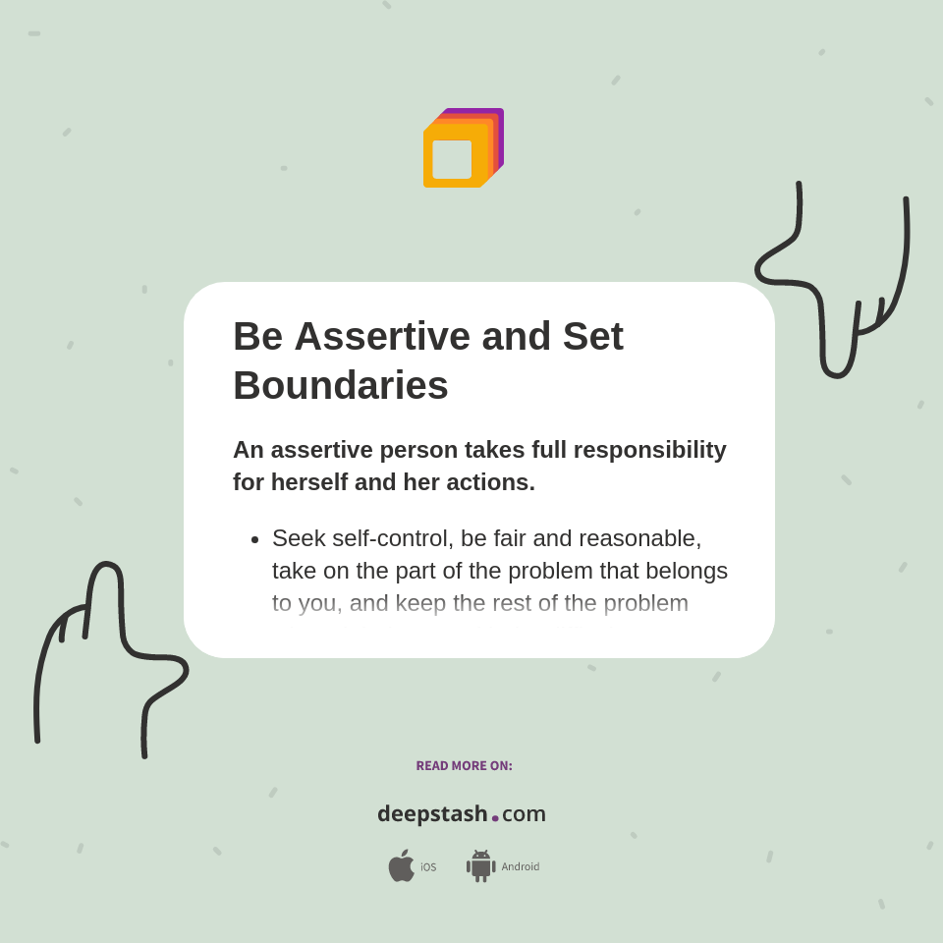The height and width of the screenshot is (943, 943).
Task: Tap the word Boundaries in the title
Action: pos(340,385)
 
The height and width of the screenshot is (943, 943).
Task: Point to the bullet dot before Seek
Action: pos(255,539)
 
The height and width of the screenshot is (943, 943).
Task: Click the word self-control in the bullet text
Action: pos(392,538)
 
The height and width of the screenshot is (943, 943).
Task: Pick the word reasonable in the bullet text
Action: pos(639,538)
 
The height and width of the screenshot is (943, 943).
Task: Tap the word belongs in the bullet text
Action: pos(689,571)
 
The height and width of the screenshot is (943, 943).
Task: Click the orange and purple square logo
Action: pos(463,147)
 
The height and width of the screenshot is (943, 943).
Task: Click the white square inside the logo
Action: pos(452,159)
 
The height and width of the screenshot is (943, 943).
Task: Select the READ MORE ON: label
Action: pos(464,766)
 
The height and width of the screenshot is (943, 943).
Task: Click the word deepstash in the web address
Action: pos(432,813)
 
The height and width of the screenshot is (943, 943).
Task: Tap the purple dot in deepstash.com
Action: pos(495,817)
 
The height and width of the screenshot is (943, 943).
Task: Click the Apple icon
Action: pos(401,865)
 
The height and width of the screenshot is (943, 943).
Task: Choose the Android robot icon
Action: pos(480,865)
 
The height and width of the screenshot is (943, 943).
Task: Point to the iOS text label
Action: pos(428,867)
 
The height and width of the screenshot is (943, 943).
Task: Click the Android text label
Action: pos(520,867)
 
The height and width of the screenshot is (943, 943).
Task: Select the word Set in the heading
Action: pos(592,336)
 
